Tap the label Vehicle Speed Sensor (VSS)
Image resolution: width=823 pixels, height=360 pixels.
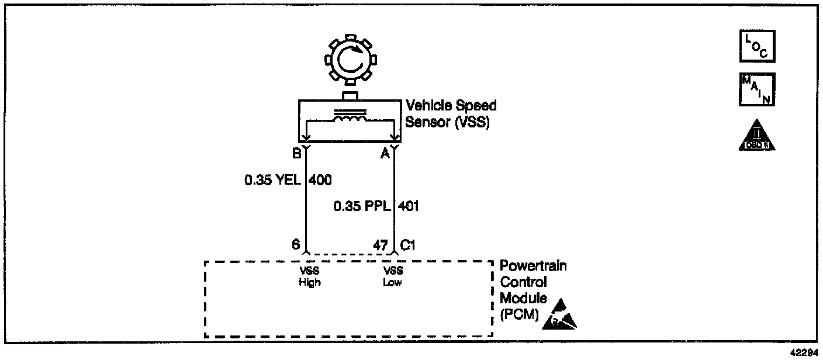451,113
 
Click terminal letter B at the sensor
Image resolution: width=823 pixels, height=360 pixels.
297,154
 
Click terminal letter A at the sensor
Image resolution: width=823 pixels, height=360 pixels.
385,154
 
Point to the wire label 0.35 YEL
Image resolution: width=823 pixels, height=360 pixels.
272,180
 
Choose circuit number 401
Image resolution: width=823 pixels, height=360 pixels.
408,206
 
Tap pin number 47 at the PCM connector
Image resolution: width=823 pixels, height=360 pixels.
381,245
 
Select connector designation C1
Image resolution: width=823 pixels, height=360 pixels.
407,245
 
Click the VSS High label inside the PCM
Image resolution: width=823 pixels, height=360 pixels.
310,276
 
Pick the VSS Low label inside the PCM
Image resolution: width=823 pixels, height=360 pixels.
393,276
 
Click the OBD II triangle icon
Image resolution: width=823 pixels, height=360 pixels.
757,136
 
